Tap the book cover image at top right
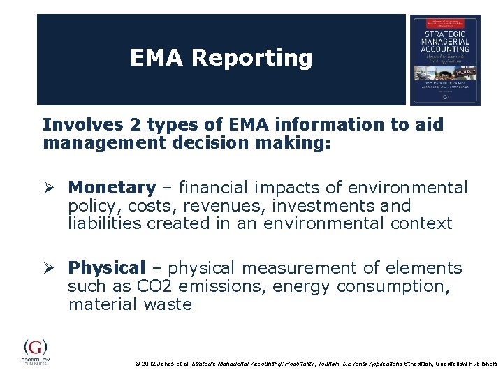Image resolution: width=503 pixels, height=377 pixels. click(x=445, y=60)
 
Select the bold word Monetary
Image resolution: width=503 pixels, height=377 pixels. click(x=112, y=188)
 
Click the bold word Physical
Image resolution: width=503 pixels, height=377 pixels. click(x=106, y=268)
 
